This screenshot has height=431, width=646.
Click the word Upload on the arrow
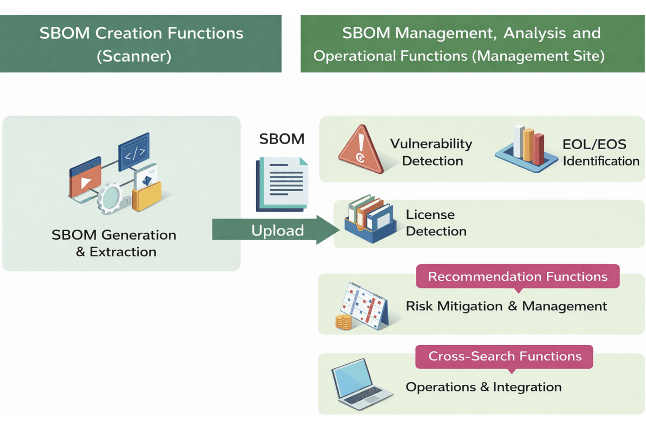(x=277, y=231)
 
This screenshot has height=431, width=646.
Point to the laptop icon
(x=360, y=384)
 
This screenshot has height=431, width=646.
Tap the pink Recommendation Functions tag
(x=518, y=277)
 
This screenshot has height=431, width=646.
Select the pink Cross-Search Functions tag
(x=505, y=356)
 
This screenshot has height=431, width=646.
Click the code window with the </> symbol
(x=134, y=152)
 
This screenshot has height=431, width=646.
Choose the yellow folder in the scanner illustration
(x=147, y=197)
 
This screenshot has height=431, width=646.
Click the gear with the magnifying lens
(x=111, y=198)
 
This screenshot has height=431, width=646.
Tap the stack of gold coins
(x=343, y=322)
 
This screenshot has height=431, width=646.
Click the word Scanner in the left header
(x=134, y=56)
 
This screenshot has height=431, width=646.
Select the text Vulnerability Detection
(x=431, y=152)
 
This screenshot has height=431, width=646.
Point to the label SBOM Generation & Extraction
(x=114, y=243)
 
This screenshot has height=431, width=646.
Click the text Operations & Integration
(x=483, y=387)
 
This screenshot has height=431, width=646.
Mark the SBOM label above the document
(x=282, y=139)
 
